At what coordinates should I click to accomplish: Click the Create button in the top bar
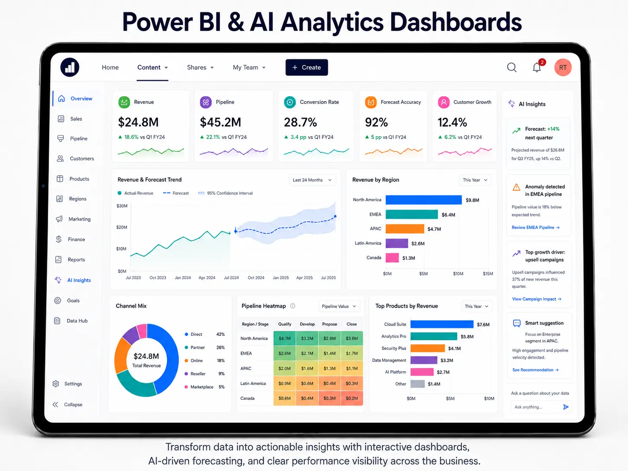[x=307, y=68]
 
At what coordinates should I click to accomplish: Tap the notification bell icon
[x=536, y=68]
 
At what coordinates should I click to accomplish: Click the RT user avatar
[x=563, y=68]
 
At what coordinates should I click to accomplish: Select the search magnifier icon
[x=512, y=68]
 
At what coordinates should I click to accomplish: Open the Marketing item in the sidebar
[x=74, y=219]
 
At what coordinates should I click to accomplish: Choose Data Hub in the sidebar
[x=71, y=321]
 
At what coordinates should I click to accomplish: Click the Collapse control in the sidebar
[x=68, y=404]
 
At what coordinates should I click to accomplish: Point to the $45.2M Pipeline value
[x=220, y=122]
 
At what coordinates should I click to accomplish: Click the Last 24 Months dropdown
[x=312, y=180]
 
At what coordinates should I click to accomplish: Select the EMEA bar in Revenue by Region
[x=412, y=214]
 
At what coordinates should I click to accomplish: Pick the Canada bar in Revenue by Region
[x=392, y=258]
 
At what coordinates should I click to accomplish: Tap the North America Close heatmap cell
[x=352, y=338]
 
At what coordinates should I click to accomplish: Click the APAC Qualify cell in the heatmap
[x=285, y=368]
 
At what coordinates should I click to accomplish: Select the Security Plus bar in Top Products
[x=428, y=348]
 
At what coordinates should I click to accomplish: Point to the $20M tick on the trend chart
[x=121, y=227]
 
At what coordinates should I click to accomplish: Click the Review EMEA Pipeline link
[x=535, y=228]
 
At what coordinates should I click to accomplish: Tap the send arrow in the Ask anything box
[x=566, y=407]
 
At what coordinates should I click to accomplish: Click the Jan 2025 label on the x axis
[x=280, y=278]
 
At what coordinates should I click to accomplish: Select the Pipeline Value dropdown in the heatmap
[x=339, y=306]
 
